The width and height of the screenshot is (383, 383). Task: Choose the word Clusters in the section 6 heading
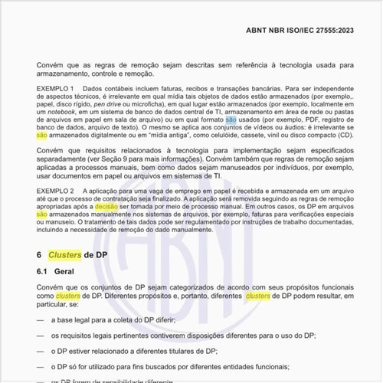pos(64,254)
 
